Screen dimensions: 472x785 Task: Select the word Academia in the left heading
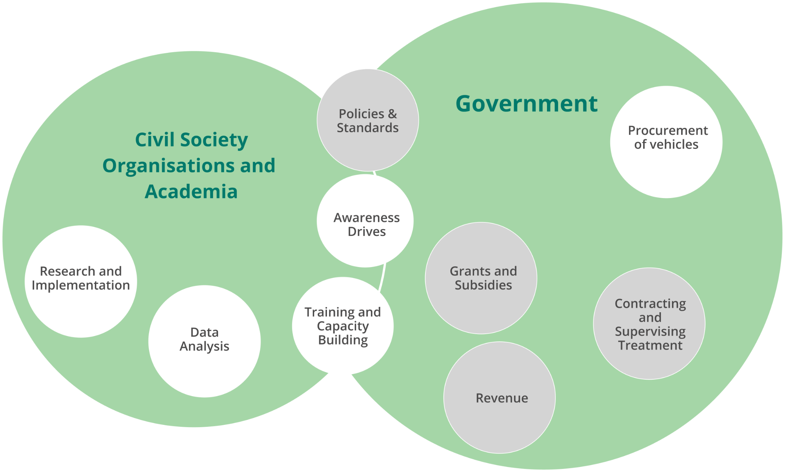(191, 191)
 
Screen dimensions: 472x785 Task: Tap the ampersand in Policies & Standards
(392, 114)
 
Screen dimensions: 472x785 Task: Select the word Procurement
(668, 131)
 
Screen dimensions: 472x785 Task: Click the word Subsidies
(483, 285)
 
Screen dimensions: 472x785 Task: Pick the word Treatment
(650, 345)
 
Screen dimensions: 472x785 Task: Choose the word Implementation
(81, 285)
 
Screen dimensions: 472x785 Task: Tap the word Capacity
(343, 326)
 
